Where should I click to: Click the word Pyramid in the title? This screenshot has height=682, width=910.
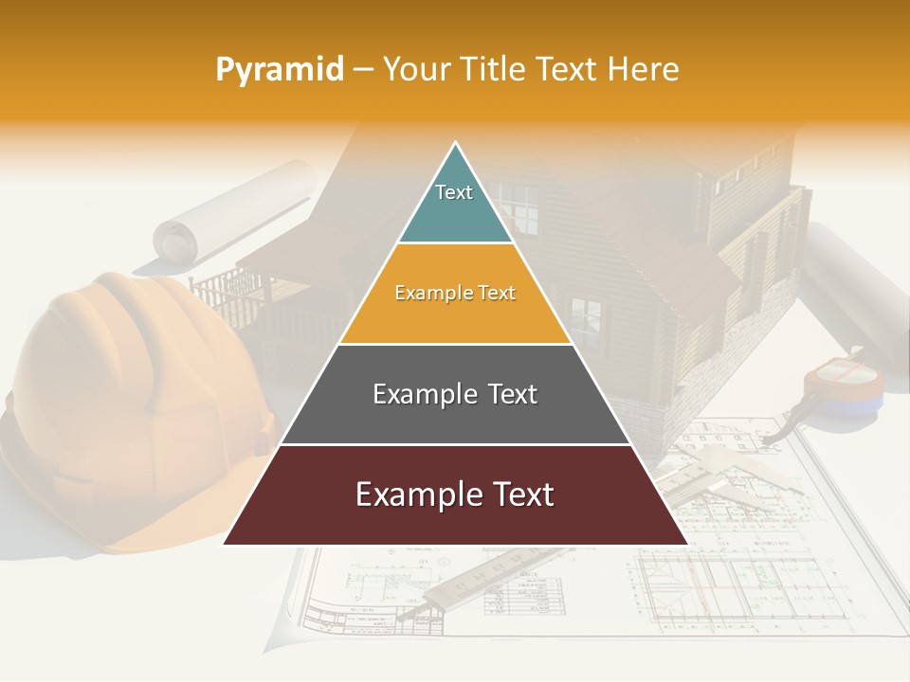280,69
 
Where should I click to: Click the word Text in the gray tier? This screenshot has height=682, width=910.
505,394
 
